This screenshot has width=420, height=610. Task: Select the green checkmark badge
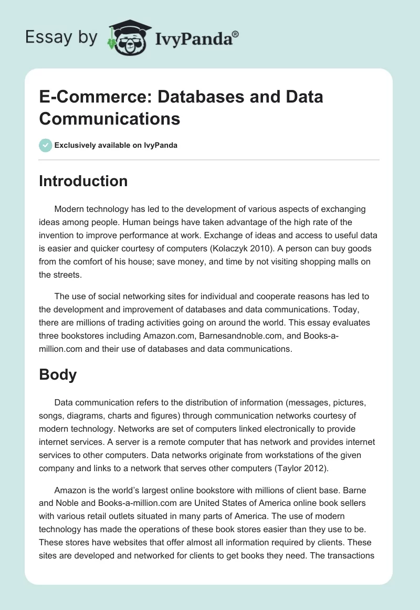point(46,145)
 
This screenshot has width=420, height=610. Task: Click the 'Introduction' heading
point(83,181)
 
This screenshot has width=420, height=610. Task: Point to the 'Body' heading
point(58,374)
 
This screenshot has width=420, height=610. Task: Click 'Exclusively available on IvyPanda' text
point(116,145)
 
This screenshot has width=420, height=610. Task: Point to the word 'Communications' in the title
point(110,118)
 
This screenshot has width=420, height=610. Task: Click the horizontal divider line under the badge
point(209,159)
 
